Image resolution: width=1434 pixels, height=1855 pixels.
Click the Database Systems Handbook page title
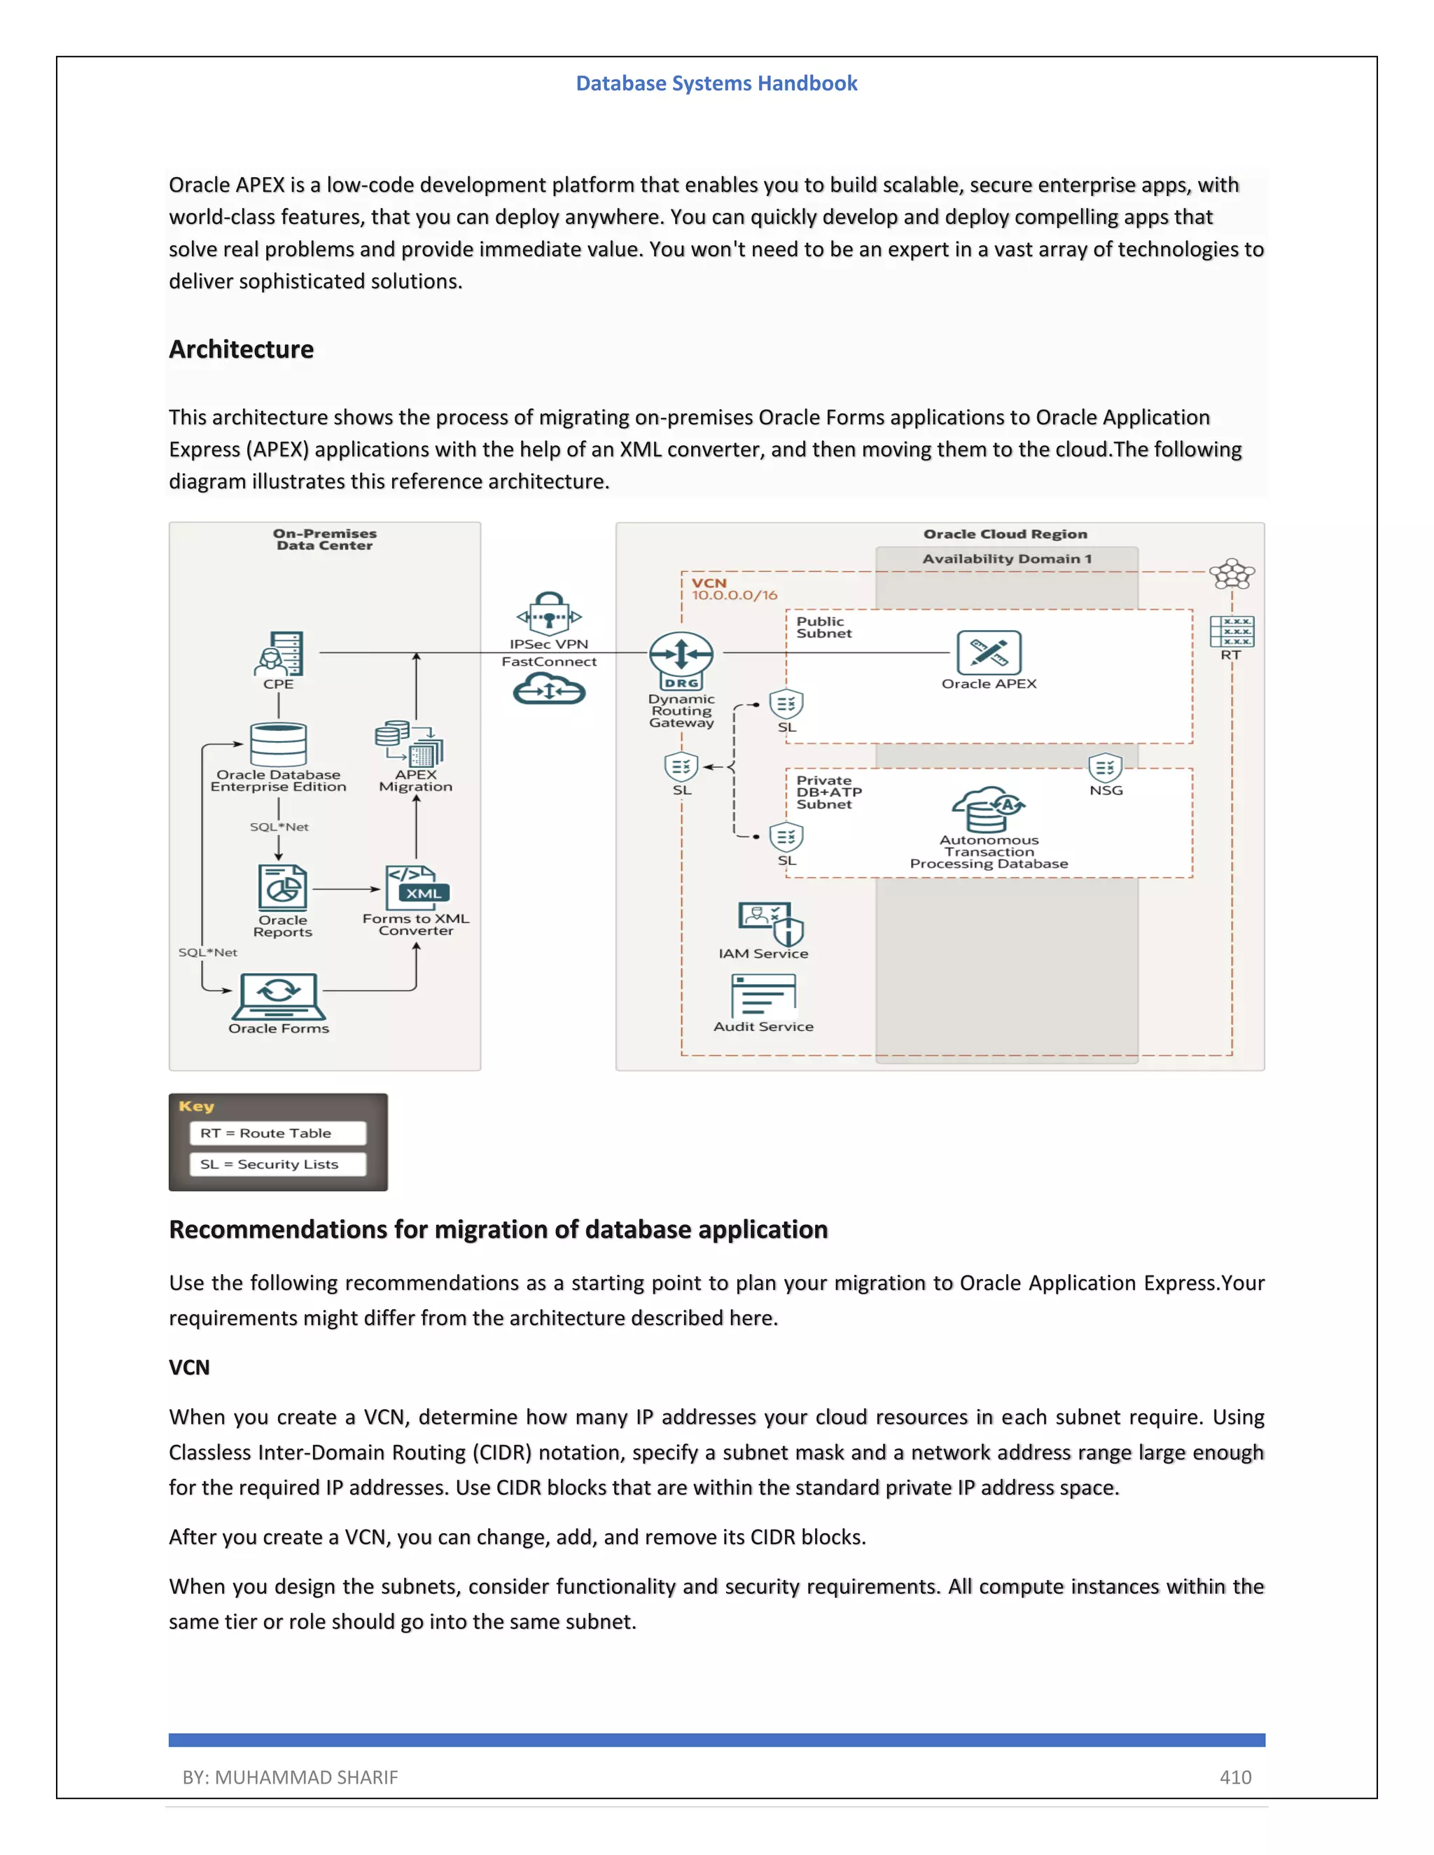pos(716,83)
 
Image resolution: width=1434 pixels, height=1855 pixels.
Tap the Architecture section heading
pos(242,349)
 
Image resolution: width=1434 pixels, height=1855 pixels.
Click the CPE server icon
pos(280,653)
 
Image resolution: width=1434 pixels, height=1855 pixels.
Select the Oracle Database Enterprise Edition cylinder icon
pos(278,745)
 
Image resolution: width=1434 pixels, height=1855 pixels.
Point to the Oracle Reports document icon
pos(283,888)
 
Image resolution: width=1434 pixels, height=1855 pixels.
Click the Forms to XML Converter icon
pos(417,888)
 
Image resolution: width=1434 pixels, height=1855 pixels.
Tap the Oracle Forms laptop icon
pos(279,995)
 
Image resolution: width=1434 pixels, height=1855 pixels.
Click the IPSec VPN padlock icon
pos(549,613)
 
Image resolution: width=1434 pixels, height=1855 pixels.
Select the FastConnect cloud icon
pos(549,688)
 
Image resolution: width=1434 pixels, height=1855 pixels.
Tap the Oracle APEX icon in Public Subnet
pos(989,652)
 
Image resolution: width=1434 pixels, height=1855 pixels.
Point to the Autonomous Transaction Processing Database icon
pos(988,809)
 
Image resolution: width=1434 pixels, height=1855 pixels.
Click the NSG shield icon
pos(1105,768)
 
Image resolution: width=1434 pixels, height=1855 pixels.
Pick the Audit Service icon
pos(763,995)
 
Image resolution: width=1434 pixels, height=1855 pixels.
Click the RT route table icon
pos(1231,632)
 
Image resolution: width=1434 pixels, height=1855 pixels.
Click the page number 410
pos(1235,1777)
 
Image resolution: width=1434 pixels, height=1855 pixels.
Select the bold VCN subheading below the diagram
pos(188,1368)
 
